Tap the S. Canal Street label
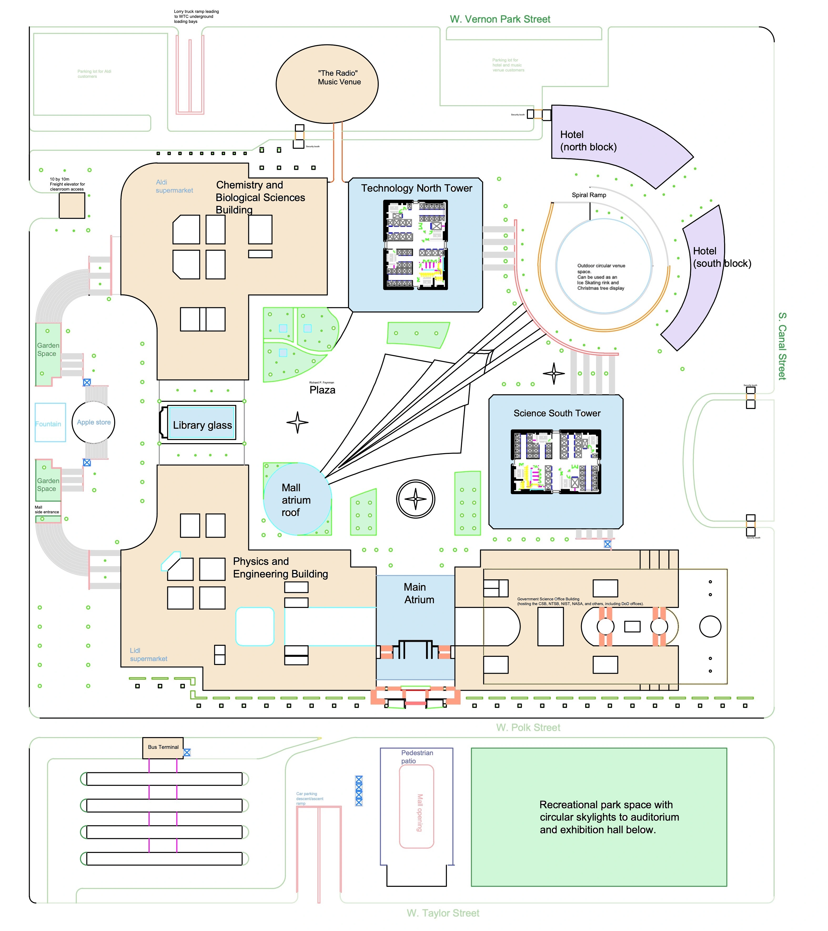[x=782, y=346]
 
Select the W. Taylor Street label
[x=443, y=913]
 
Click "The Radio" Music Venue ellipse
[x=327, y=84]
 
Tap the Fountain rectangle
[x=50, y=422]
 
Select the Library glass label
[x=202, y=425]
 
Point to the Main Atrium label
[x=418, y=593]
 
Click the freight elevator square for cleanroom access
[x=72, y=206]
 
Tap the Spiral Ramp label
[x=589, y=195]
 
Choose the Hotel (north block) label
[x=588, y=141]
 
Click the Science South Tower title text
[x=557, y=413]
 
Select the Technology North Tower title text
[x=417, y=188]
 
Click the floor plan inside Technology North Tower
[x=416, y=245]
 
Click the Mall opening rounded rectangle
[x=417, y=807]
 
